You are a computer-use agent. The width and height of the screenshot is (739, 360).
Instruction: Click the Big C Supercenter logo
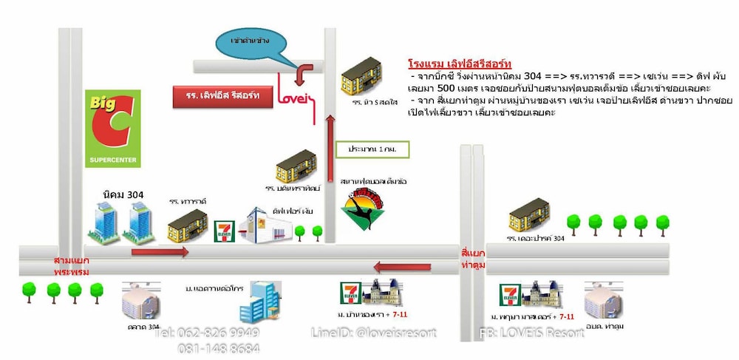tap(112, 129)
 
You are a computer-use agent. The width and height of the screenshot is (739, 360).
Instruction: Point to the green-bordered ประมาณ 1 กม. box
tap(372, 149)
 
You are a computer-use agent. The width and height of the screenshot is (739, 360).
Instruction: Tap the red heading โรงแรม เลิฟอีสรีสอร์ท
tap(460, 63)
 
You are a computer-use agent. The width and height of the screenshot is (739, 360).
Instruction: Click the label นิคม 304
tap(123, 194)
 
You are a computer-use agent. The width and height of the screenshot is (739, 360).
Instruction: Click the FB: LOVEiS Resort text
tap(532, 333)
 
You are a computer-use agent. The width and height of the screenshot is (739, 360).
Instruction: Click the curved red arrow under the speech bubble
tap(303, 72)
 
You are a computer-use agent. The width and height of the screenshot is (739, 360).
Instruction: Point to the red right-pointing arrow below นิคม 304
tap(160, 252)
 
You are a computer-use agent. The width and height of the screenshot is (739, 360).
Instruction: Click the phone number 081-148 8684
tap(219, 348)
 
